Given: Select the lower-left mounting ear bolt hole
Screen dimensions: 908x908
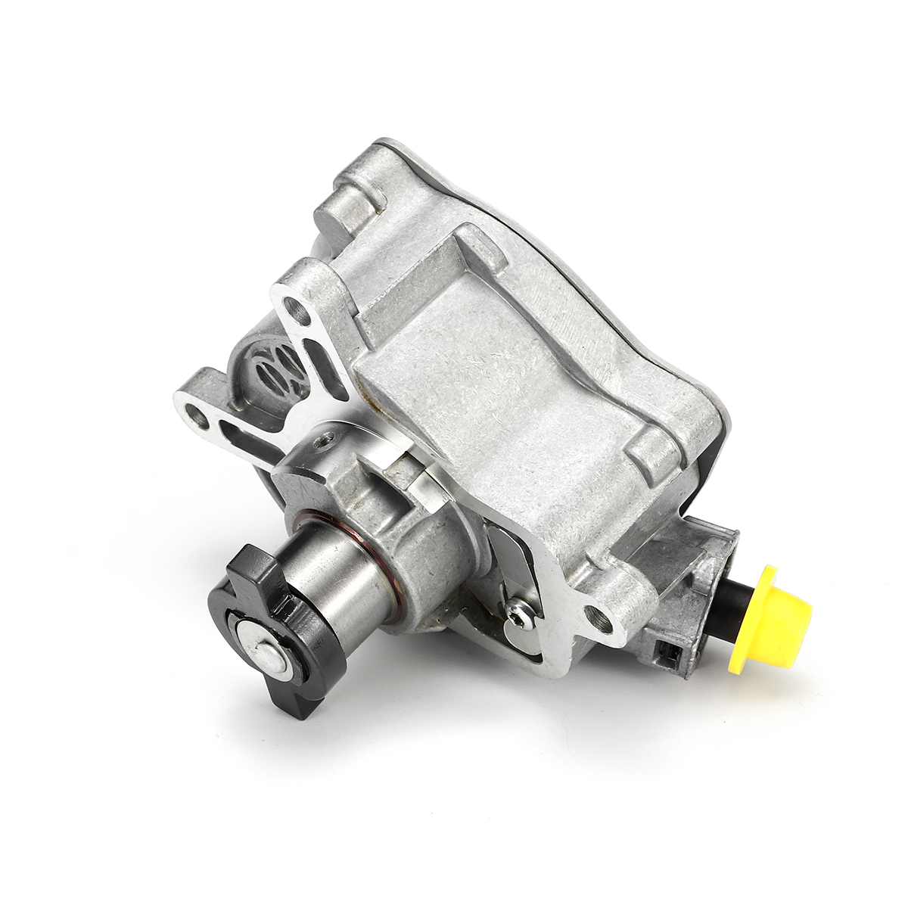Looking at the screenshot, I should [200, 412].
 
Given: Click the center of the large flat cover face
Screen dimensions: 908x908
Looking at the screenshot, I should [522, 371].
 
